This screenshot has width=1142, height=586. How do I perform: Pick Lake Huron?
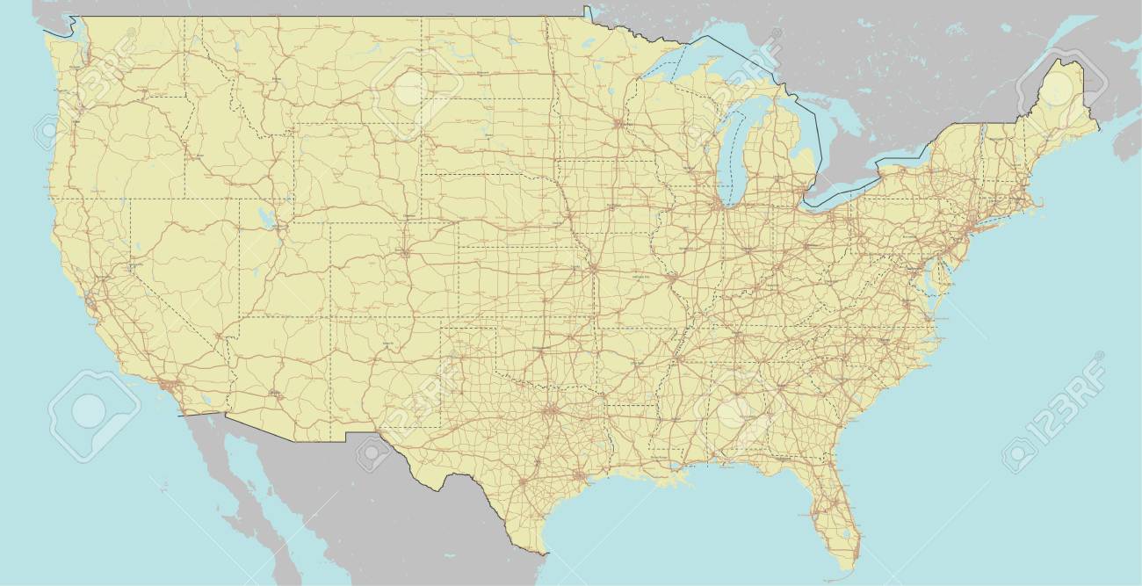coord(795,123)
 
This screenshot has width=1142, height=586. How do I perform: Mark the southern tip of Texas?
coord(542,553)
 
